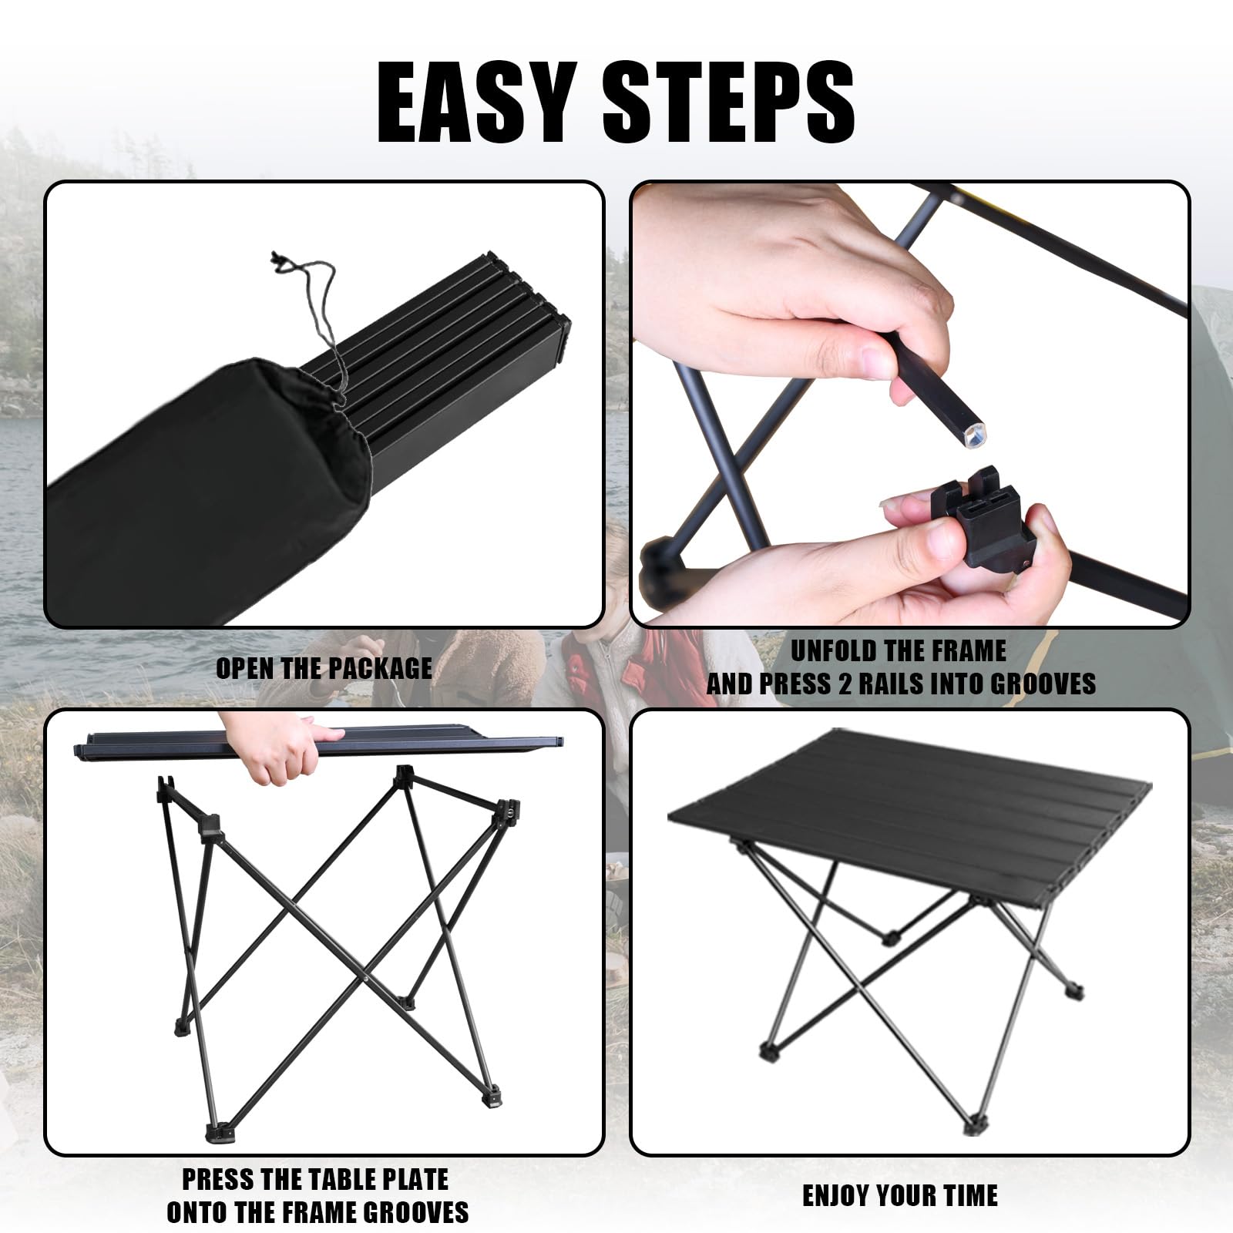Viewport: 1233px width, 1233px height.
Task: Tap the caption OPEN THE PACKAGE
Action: (x=324, y=668)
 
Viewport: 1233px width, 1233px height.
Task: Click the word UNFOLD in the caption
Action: (x=835, y=651)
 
